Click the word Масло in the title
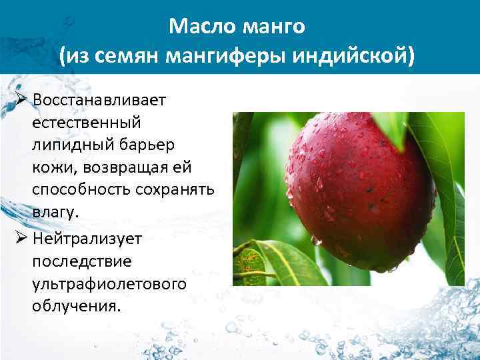point(198,27)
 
